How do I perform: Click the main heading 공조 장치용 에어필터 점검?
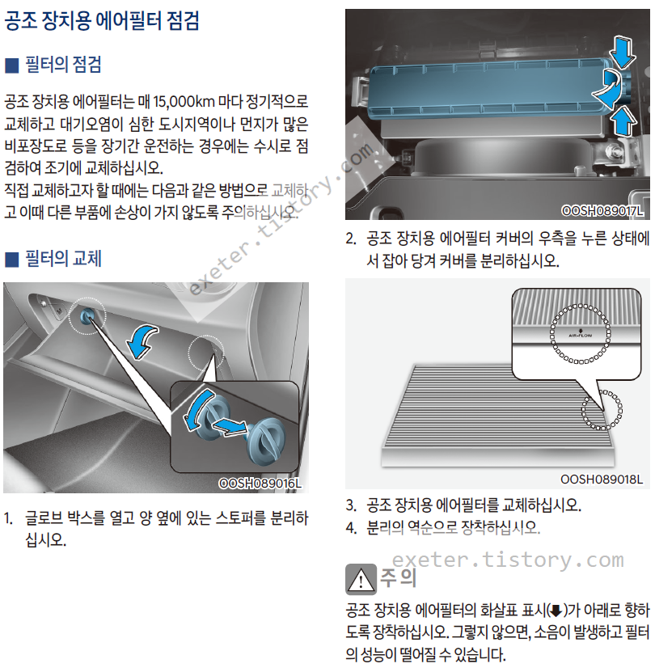pos(102,20)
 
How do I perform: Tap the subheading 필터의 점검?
pos(63,65)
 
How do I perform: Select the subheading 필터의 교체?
pos(63,259)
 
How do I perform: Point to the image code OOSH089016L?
pos(260,484)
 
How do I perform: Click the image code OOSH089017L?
pos(602,211)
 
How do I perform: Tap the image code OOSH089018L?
pos(602,480)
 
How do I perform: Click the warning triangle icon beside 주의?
pos(361,579)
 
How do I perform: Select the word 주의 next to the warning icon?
pos(398,577)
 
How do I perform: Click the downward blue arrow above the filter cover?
pos(623,53)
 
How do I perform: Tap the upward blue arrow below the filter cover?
pos(623,121)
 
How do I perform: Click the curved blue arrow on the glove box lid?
pos(142,341)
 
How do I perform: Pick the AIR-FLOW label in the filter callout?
pos(580,335)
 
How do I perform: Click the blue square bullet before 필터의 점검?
pos(12,66)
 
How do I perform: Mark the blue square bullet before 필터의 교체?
pos(12,260)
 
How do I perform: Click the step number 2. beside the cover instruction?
pos(351,239)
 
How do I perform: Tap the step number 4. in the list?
pos(351,527)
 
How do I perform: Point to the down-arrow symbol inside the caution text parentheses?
pos(556,611)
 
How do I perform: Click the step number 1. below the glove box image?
pos(9,518)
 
